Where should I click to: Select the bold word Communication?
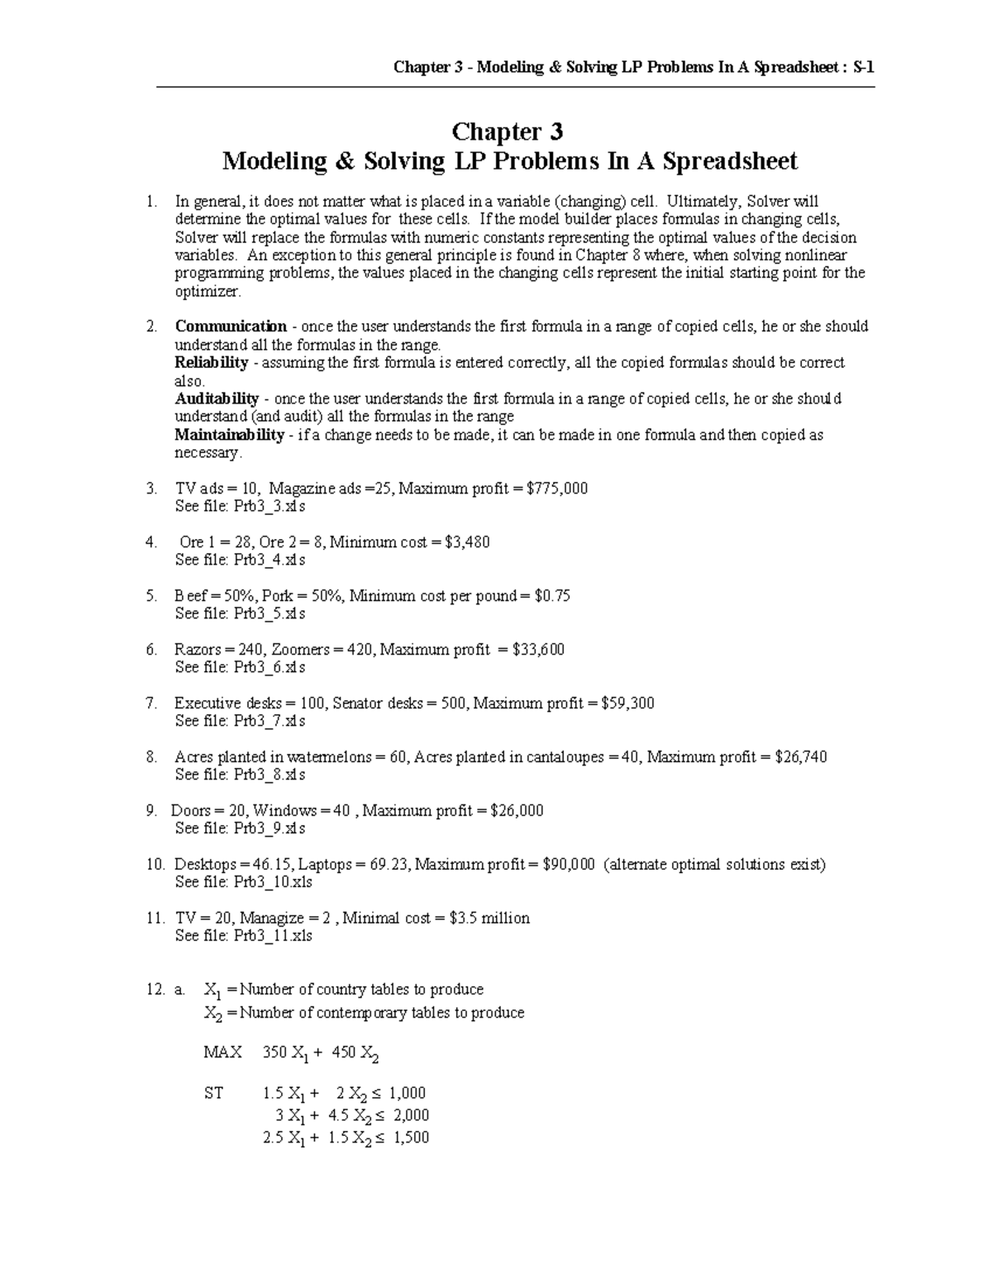[231, 327]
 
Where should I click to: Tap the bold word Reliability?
[211, 363]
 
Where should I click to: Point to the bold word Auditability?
[217, 399]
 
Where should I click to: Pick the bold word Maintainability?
[229, 435]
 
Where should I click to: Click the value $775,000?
[557, 489]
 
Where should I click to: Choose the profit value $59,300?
[627, 704]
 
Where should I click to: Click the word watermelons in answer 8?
[331, 757]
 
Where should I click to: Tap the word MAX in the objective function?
[222, 1052]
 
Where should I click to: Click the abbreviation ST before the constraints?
[213, 1093]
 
